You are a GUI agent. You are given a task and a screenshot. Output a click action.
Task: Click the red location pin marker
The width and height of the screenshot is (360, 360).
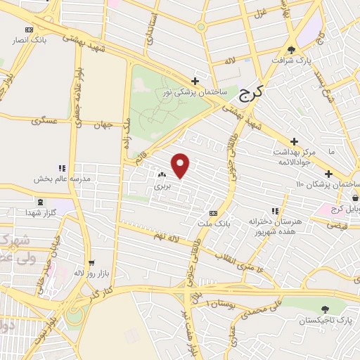point(181,165)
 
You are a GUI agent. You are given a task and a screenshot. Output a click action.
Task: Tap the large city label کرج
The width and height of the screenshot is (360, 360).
point(250,93)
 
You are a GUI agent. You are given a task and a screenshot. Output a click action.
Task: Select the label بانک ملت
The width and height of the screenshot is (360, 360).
point(214,224)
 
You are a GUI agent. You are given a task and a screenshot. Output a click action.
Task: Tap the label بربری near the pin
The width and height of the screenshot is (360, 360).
point(163,188)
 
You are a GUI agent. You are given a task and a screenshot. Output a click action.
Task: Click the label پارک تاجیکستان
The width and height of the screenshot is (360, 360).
point(325,321)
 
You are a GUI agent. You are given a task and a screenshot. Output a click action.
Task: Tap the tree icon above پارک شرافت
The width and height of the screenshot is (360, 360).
point(292,49)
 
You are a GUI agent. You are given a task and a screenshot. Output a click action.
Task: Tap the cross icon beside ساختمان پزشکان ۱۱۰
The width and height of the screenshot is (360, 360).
point(328,173)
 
